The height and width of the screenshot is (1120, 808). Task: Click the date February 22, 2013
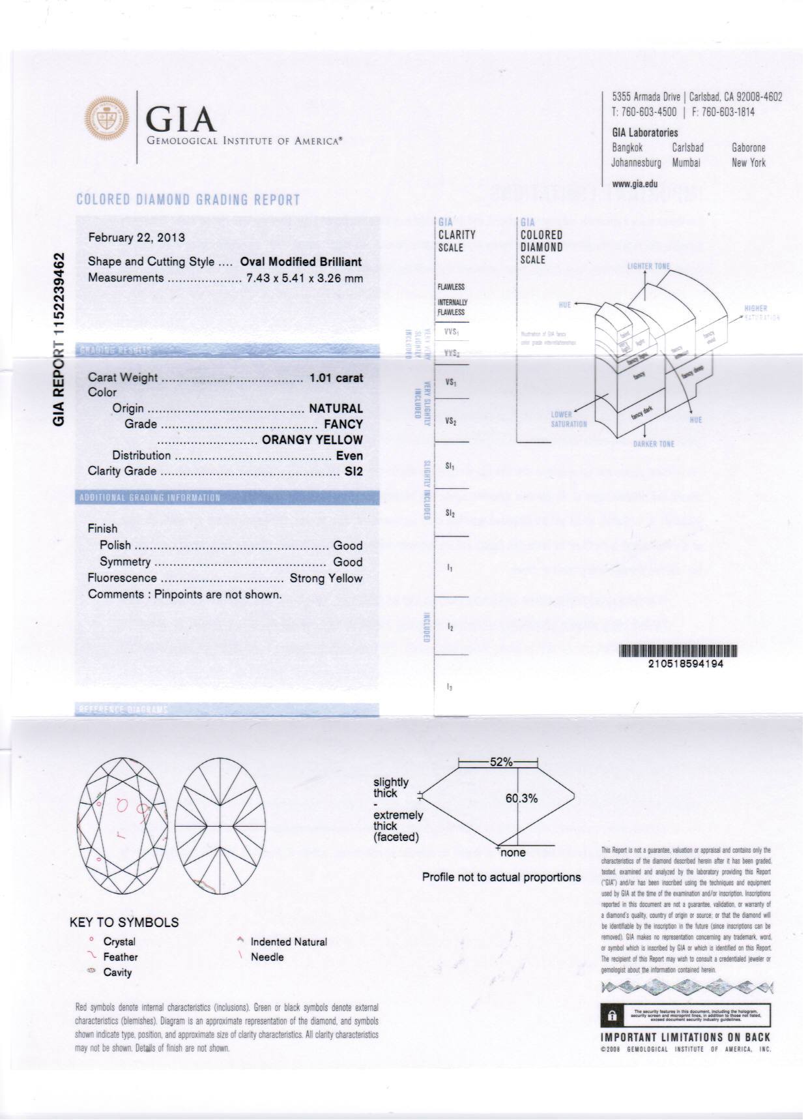pos(136,237)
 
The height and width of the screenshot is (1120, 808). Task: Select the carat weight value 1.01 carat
pos(336,377)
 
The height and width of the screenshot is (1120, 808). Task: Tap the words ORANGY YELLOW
pos(312,440)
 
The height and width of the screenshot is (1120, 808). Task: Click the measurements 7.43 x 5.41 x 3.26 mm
pos(304,278)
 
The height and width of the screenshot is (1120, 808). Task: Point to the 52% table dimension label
pos(501,761)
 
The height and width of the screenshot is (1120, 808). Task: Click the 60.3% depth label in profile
pos(521,799)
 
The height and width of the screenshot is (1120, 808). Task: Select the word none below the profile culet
pos(513,853)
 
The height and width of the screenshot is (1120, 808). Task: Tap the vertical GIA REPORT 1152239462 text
pos(59,339)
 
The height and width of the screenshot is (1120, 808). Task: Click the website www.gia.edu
pos(635,184)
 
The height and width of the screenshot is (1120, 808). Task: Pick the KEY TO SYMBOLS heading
pos(124,922)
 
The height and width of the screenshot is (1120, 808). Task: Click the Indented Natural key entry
pos(288,942)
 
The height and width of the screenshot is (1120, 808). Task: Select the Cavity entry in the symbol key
pos(117,973)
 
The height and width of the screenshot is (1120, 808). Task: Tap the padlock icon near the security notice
pos(611,1015)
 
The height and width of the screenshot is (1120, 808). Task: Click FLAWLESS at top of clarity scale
pos(451,287)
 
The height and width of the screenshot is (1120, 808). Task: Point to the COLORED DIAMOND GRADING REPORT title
pos(188,199)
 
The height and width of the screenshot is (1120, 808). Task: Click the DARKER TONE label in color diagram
pos(654,445)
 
